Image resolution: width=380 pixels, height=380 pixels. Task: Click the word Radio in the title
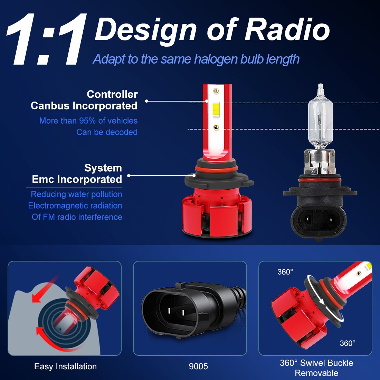click(x=287, y=30)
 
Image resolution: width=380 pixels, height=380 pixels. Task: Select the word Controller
click(x=112, y=94)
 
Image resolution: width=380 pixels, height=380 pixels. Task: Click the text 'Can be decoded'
click(x=107, y=132)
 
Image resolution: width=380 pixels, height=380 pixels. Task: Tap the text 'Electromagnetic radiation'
click(x=75, y=206)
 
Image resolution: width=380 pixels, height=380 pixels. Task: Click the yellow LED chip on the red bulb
click(x=216, y=108)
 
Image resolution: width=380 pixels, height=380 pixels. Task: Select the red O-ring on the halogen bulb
click(x=320, y=180)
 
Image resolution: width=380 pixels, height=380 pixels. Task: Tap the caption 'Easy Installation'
click(x=65, y=367)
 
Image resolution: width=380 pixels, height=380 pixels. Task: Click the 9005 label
click(x=198, y=367)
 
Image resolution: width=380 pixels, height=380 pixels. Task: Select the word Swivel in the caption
click(x=313, y=363)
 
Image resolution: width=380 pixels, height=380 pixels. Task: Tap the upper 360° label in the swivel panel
click(x=285, y=272)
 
